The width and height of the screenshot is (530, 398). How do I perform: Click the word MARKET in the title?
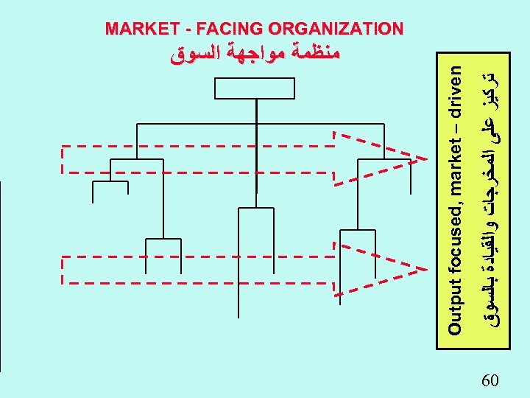[138, 29]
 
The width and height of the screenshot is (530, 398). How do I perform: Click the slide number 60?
[490, 380]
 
